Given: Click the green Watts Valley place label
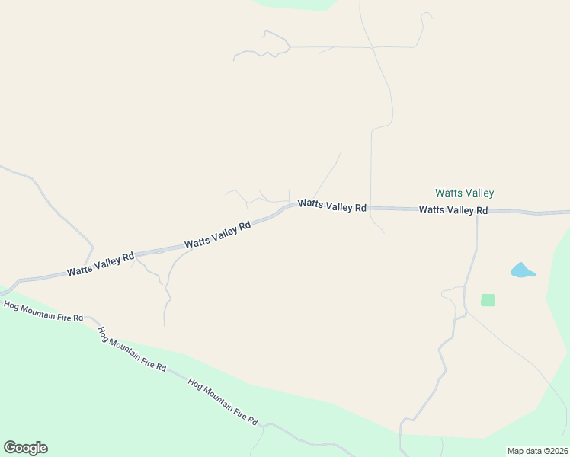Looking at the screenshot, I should tap(464, 193).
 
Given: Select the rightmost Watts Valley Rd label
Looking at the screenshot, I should tap(453, 209).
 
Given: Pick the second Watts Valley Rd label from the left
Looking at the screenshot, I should tap(217, 235).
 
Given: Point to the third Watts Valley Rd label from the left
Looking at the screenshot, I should tap(332, 206).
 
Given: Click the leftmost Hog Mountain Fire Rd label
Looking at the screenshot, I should tap(43, 311).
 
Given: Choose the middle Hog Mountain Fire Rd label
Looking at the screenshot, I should tap(131, 349).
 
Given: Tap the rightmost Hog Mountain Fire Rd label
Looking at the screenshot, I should tap(223, 402).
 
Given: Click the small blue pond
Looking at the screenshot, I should tap(522, 270).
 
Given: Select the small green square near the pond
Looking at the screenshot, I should tap(488, 300).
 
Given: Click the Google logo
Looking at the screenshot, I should tap(25, 448).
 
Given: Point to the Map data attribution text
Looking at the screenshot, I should tap(537, 451).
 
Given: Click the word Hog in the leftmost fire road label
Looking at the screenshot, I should tap(11, 306).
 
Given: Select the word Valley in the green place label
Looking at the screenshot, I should tap(479, 193).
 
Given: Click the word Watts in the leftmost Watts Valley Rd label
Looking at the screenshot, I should tap(78, 270).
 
